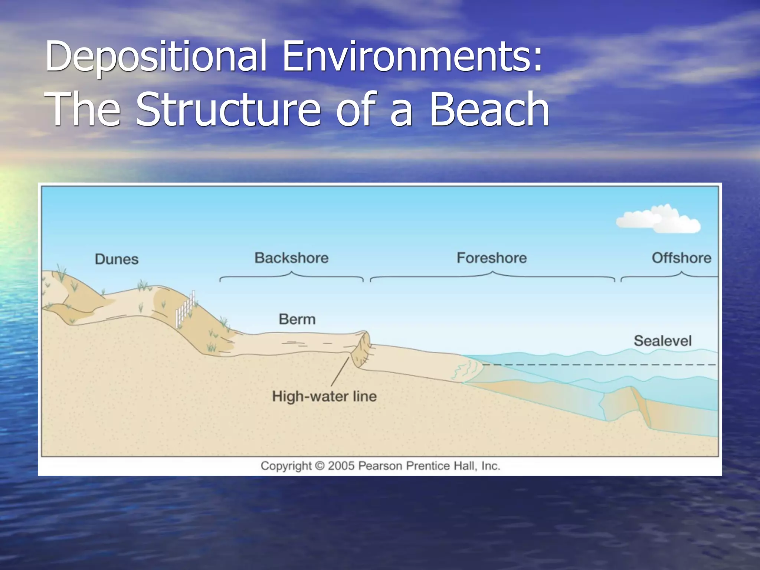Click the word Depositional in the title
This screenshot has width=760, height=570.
156,56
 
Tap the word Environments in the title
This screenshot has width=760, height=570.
412,56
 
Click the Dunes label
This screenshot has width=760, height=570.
117,259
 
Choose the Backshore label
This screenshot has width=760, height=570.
291,258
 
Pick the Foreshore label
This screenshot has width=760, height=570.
491,258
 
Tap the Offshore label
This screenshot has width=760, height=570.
681,258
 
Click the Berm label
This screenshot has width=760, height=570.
297,319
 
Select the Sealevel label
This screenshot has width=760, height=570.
662,341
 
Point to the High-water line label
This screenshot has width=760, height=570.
324,396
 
